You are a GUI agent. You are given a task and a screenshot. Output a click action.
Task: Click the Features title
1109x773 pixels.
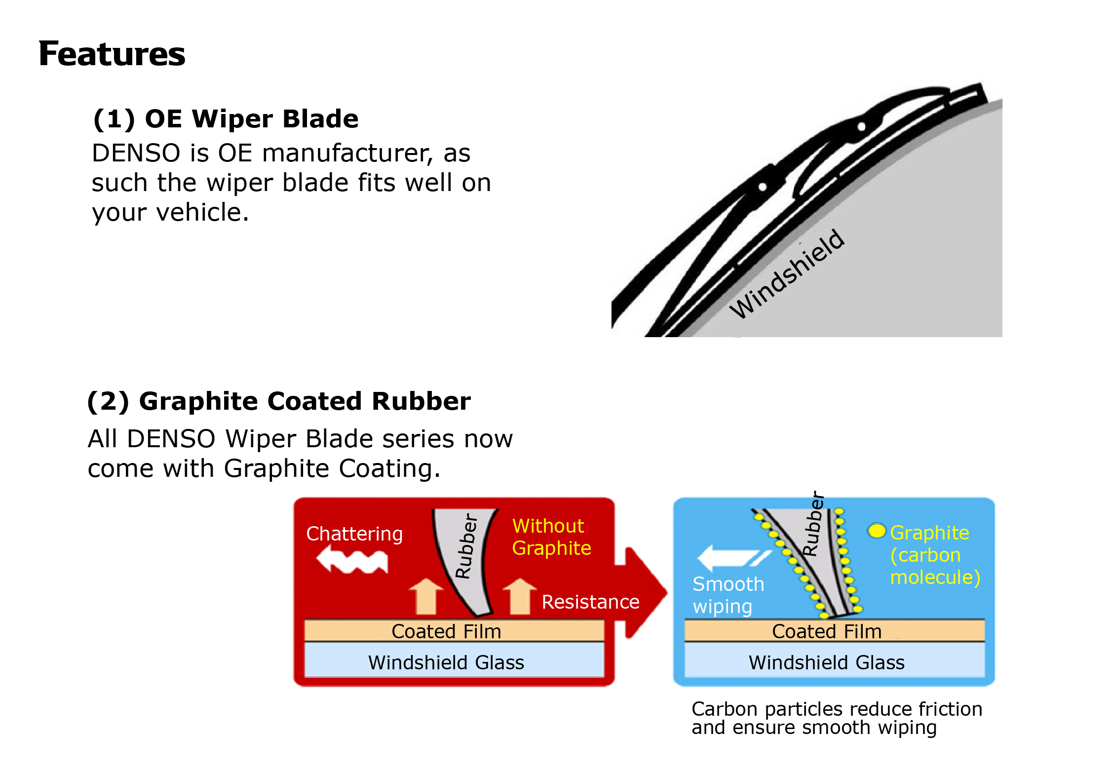point(112,54)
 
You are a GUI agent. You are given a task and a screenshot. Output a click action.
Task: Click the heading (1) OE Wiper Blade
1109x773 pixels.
point(226,119)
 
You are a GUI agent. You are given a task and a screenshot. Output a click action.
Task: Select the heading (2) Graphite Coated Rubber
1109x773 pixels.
point(279,401)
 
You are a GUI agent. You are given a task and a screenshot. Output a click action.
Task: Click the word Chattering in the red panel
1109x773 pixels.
point(354,534)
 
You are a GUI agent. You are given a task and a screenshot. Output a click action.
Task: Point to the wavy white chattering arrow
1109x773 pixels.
point(352,560)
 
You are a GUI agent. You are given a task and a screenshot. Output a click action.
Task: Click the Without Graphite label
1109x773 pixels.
point(551,537)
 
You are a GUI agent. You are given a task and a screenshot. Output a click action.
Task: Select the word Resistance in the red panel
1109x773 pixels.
point(590,602)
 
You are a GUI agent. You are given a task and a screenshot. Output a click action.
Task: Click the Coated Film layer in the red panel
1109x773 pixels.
point(454,631)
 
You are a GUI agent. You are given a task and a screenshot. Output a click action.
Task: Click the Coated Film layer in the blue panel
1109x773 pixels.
point(835,631)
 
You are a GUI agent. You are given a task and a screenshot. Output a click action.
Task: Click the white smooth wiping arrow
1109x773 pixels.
point(733,558)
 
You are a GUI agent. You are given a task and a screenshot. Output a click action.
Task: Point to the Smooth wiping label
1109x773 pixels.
point(728,595)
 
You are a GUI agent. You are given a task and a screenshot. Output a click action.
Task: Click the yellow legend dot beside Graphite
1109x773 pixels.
point(877,531)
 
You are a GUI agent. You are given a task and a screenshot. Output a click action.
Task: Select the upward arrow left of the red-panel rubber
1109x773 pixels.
point(426,596)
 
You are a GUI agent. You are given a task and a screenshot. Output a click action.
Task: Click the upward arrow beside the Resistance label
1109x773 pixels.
point(520,596)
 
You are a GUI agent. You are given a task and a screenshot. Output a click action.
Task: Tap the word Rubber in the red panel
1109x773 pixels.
point(466,546)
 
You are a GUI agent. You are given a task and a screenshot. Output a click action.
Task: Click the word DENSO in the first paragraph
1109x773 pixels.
point(136,153)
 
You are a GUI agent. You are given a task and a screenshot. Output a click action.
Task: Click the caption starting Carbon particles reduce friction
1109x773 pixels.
point(837,718)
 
